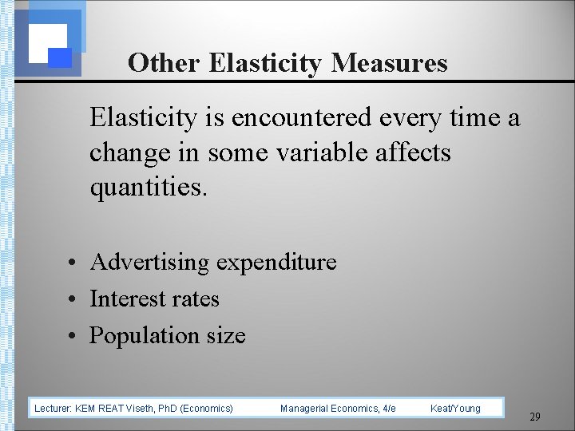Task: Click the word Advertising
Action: [x=150, y=262]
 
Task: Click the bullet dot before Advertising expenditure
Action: [x=72, y=263]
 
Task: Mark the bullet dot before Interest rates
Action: [x=72, y=299]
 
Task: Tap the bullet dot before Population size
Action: [x=72, y=336]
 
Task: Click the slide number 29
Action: [x=535, y=417]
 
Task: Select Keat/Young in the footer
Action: [x=455, y=409]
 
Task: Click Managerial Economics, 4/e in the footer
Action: [x=338, y=409]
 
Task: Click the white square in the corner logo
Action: [x=47, y=42]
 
